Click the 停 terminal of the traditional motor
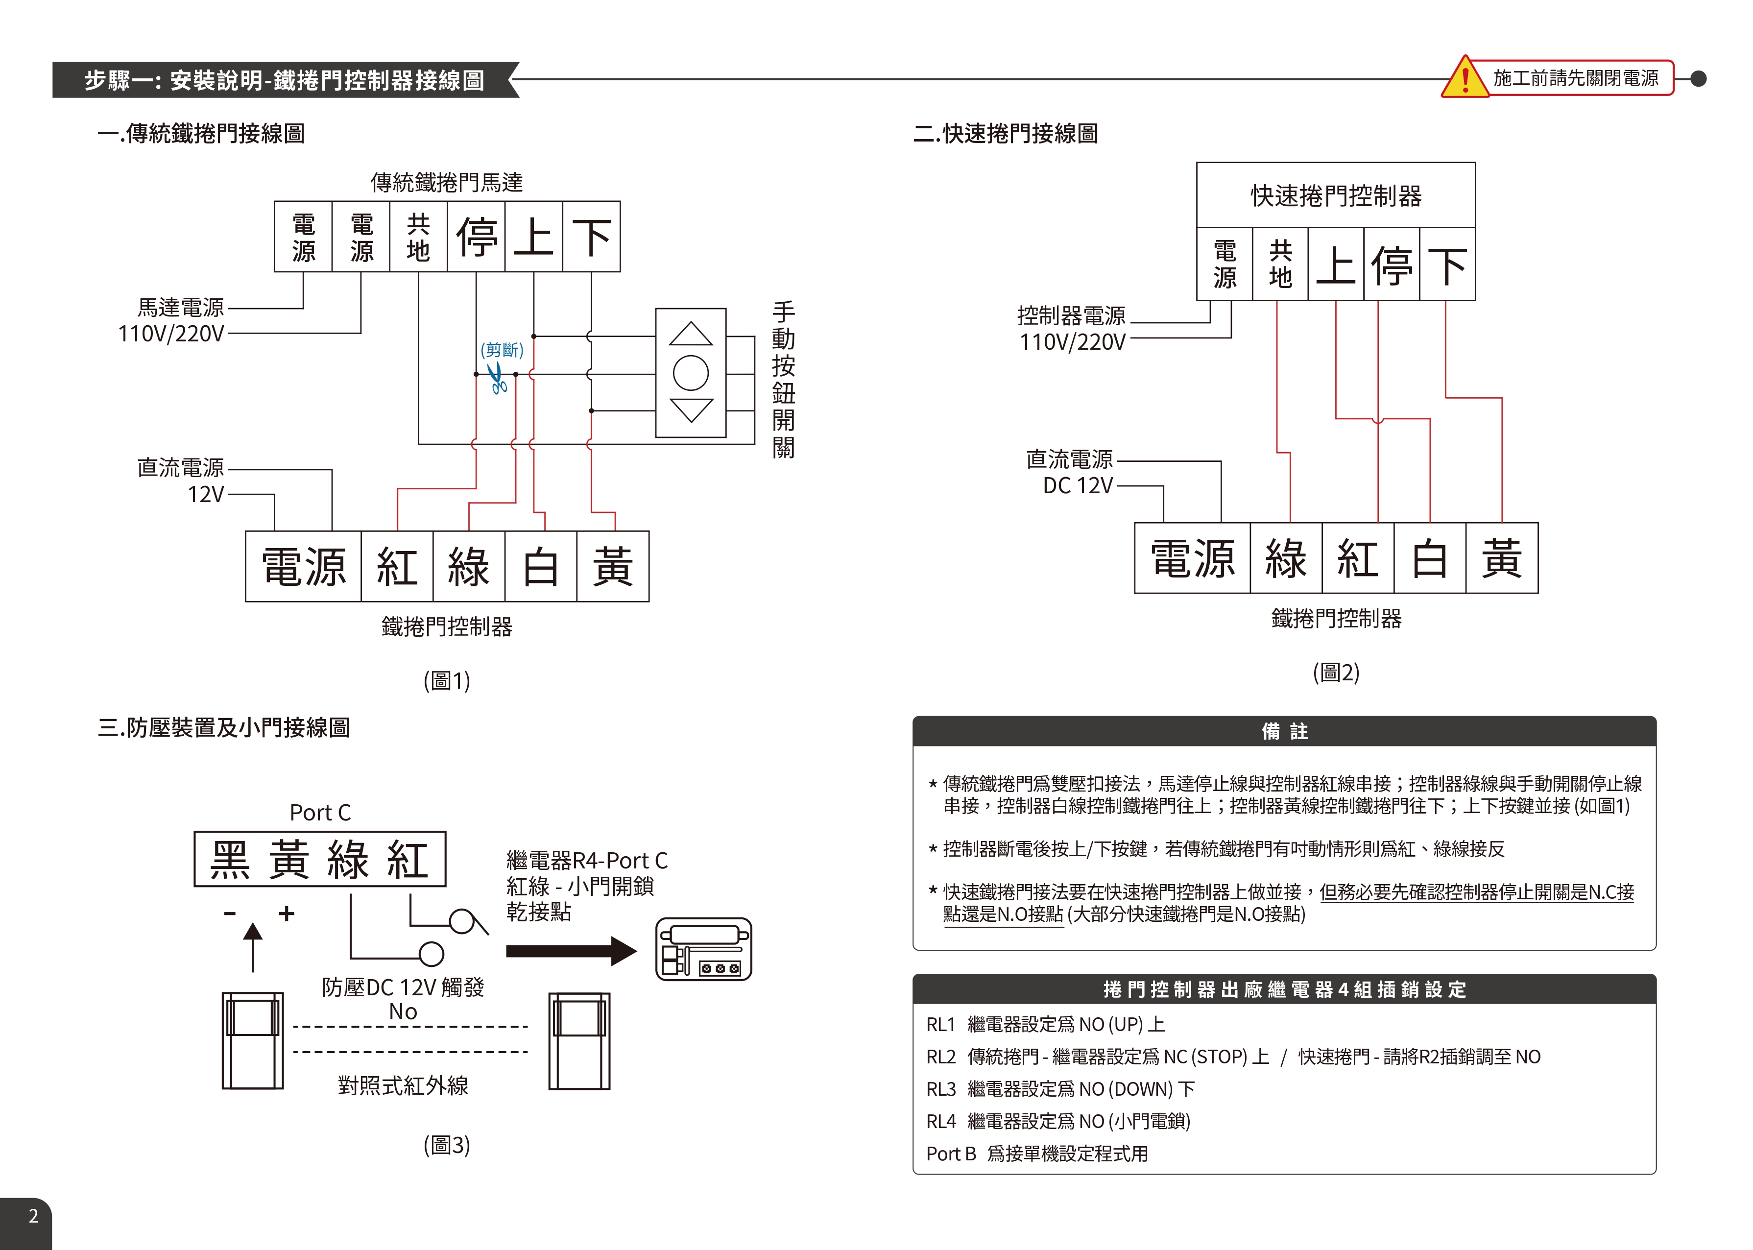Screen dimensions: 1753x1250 point(477,236)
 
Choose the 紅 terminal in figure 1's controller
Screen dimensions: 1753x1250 point(397,567)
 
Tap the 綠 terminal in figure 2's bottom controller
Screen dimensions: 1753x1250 point(1286,558)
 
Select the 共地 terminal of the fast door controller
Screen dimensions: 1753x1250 point(1280,264)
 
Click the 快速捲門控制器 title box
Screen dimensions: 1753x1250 point(1336,195)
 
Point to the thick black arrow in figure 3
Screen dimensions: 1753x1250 point(571,951)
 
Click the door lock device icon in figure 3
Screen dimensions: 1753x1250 point(703,949)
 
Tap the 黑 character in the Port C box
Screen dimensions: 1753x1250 point(231,860)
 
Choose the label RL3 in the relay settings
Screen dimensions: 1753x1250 point(940,1089)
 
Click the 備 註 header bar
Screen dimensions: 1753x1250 point(1284,731)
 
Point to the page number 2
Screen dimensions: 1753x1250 point(33,1216)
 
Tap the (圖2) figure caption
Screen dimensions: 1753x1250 point(1336,673)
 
